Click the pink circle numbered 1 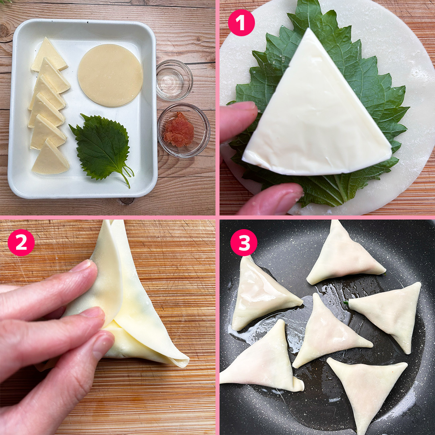click(241, 23)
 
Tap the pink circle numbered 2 click(21, 242)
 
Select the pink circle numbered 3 click(244, 242)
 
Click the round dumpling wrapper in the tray click(110, 75)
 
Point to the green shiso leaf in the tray click(101, 147)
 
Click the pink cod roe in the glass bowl click(179, 130)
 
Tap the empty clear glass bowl click(174, 80)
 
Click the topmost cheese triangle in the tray click(49, 56)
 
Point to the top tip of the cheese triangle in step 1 click(309, 29)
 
